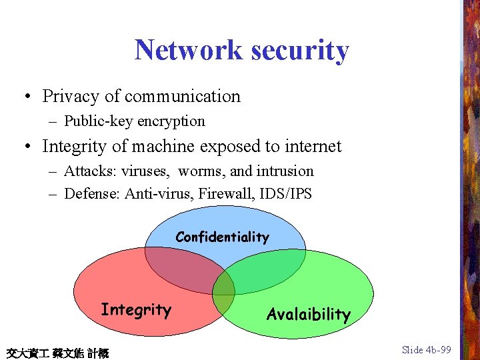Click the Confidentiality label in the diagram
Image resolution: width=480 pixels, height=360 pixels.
point(222,237)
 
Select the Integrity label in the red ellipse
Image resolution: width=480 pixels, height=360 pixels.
point(136,310)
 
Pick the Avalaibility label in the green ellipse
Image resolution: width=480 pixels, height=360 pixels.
point(308,314)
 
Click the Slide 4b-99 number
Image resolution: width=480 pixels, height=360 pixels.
point(427,350)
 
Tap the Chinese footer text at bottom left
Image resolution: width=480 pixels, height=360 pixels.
point(57,353)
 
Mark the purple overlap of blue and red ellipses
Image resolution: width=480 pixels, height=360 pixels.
point(183,267)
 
